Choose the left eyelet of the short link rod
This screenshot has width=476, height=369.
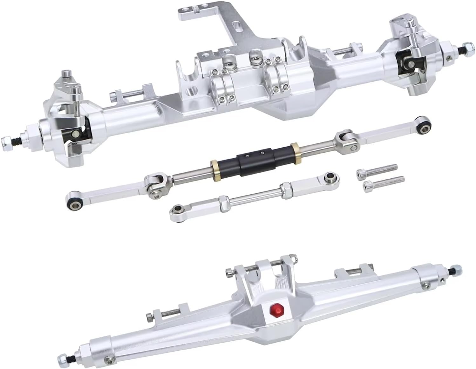click(177, 209)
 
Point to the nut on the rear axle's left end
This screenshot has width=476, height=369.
click(65, 357)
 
